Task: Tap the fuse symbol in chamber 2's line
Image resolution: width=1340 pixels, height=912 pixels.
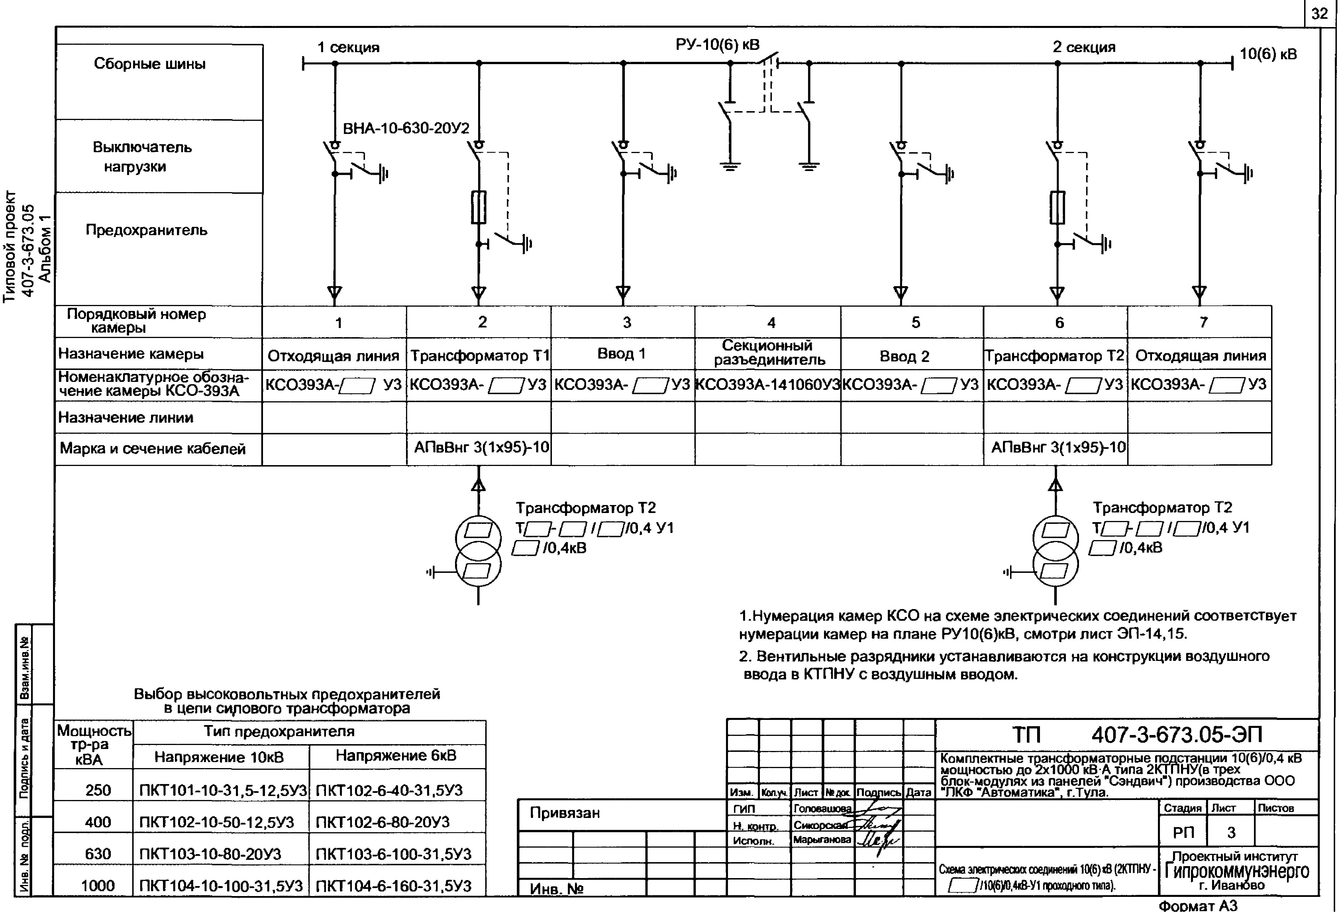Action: click(x=479, y=207)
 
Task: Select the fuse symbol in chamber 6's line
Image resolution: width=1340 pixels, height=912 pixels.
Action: click(x=1057, y=207)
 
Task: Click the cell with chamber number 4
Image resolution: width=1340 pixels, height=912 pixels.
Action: click(x=771, y=322)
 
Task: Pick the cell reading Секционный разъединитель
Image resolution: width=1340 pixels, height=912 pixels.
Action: click(x=768, y=353)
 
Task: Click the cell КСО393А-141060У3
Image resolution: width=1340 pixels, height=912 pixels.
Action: click(x=768, y=384)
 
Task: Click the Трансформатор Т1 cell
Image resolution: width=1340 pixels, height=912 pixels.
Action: click(x=479, y=356)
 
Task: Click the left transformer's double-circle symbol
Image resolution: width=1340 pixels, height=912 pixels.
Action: click(x=478, y=551)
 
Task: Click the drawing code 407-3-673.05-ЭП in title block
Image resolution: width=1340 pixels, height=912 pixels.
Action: click(x=1176, y=734)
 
